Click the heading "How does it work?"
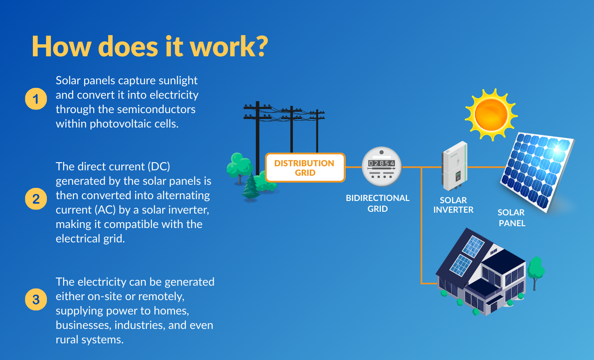pyautogui.click(x=150, y=46)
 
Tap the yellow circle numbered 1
pyautogui.click(x=36, y=99)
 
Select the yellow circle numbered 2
pyautogui.click(x=36, y=199)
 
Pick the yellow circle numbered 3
pyautogui.click(x=36, y=300)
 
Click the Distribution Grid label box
pyautogui.click(x=305, y=168)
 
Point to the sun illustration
pyautogui.click(x=491, y=114)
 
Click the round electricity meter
pyautogui.click(x=382, y=166)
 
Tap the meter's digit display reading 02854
pyautogui.click(x=382, y=163)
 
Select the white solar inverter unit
pyautogui.click(x=455, y=166)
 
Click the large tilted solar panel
pyautogui.click(x=537, y=172)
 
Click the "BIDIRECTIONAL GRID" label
pyautogui.click(x=378, y=203)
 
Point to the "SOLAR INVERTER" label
pyautogui.click(x=453, y=205)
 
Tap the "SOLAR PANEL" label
pyautogui.click(x=512, y=218)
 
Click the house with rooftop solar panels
pyautogui.click(x=480, y=272)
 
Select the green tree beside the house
pyautogui.click(x=536, y=273)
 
